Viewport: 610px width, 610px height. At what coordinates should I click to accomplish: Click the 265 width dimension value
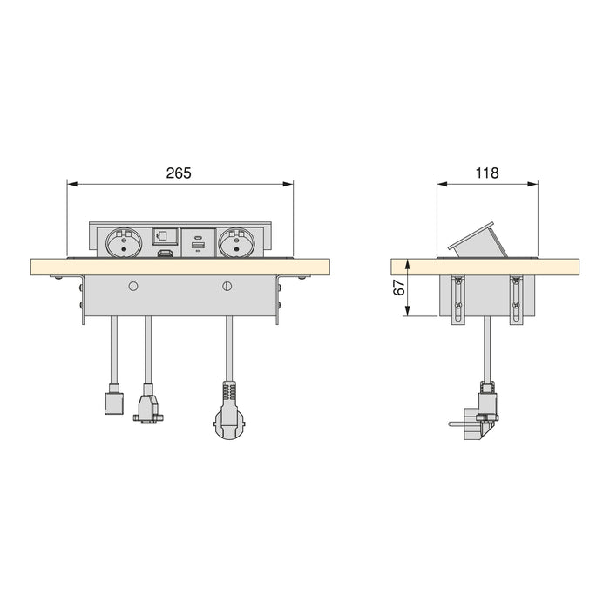coord(179,173)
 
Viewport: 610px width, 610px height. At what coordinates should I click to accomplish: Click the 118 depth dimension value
coord(486,173)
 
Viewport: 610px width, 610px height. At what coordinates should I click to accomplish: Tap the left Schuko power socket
coord(123,241)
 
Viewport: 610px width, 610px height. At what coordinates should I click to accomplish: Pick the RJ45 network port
coord(162,236)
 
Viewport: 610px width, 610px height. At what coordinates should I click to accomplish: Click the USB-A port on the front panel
coord(198,252)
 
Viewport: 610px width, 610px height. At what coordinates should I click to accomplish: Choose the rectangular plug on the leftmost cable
coord(111,401)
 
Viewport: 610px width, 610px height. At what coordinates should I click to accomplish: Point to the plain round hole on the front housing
coord(133,285)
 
